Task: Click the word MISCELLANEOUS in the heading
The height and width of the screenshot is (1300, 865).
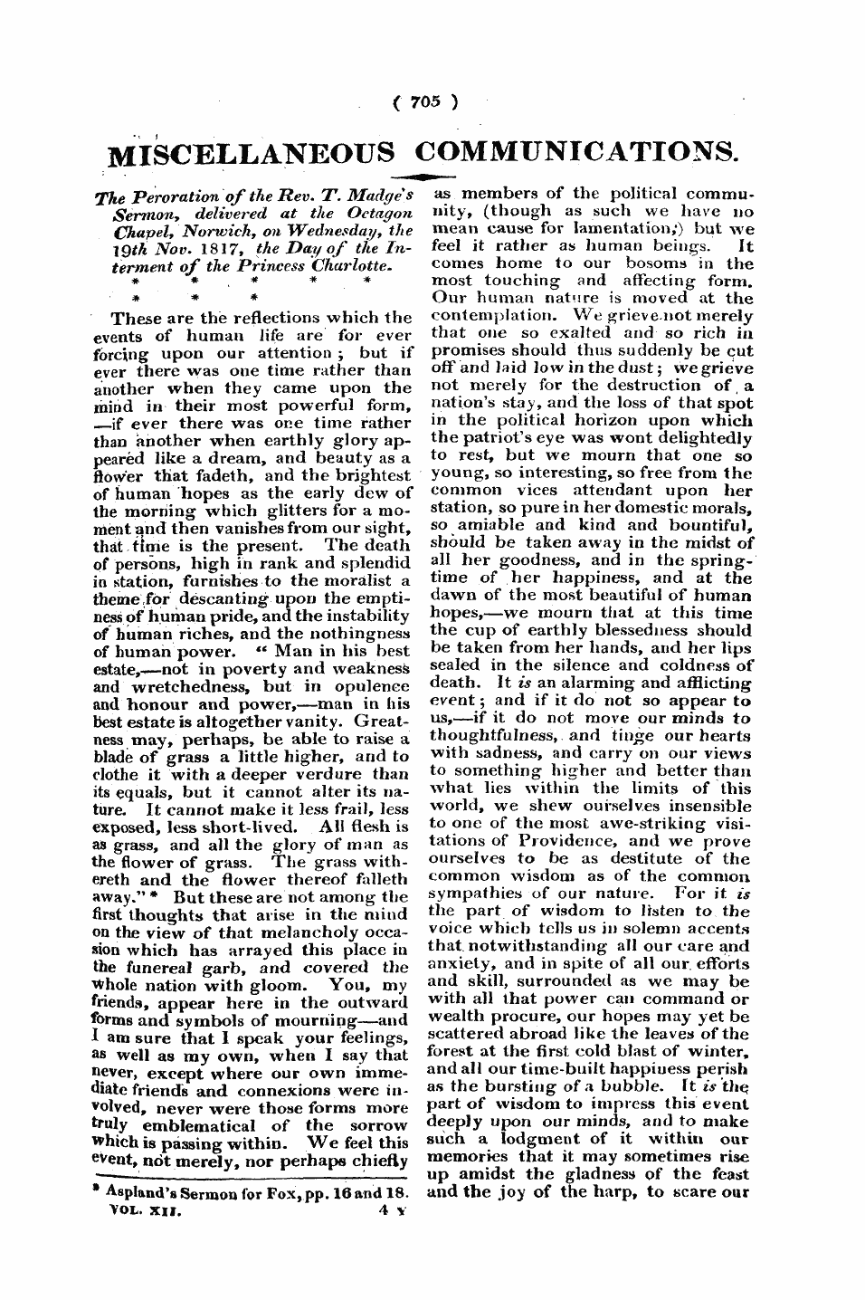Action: tap(252, 153)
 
